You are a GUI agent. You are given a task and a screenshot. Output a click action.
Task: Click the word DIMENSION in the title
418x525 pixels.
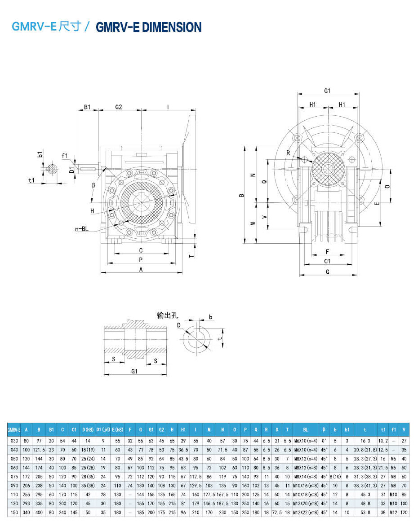click(x=172, y=27)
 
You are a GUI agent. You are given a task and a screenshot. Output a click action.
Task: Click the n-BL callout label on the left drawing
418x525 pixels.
click(x=82, y=229)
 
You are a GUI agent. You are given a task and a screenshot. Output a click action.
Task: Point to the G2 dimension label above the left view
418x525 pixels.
click(x=119, y=107)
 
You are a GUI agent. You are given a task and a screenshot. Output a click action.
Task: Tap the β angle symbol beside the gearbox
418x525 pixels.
click(x=93, y=185)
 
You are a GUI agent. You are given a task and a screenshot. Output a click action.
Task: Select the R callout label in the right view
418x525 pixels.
click(x=289, y=153)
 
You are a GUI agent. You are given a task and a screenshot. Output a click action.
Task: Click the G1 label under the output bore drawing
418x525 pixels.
click(x=134, y=371)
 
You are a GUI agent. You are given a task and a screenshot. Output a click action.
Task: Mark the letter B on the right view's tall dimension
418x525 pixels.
click(x=241, y=195)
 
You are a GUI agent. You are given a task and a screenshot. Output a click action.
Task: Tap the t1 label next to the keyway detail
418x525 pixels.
click(x=31, y=180)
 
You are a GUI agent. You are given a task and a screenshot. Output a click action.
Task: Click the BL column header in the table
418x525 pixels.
click(x=306, y=430)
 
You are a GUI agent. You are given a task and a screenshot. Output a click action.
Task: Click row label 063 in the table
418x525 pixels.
click(x=14, y=467)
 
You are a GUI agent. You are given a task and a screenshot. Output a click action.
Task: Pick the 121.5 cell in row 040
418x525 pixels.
click(x=39, y=449)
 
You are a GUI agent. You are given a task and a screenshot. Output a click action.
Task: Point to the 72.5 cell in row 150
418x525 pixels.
click(x=277, y=512)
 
